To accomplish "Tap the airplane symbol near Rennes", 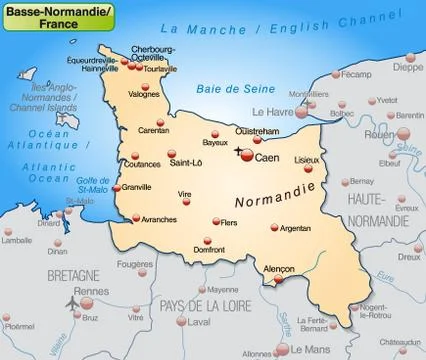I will pyautogui.click(x=72, y=303).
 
